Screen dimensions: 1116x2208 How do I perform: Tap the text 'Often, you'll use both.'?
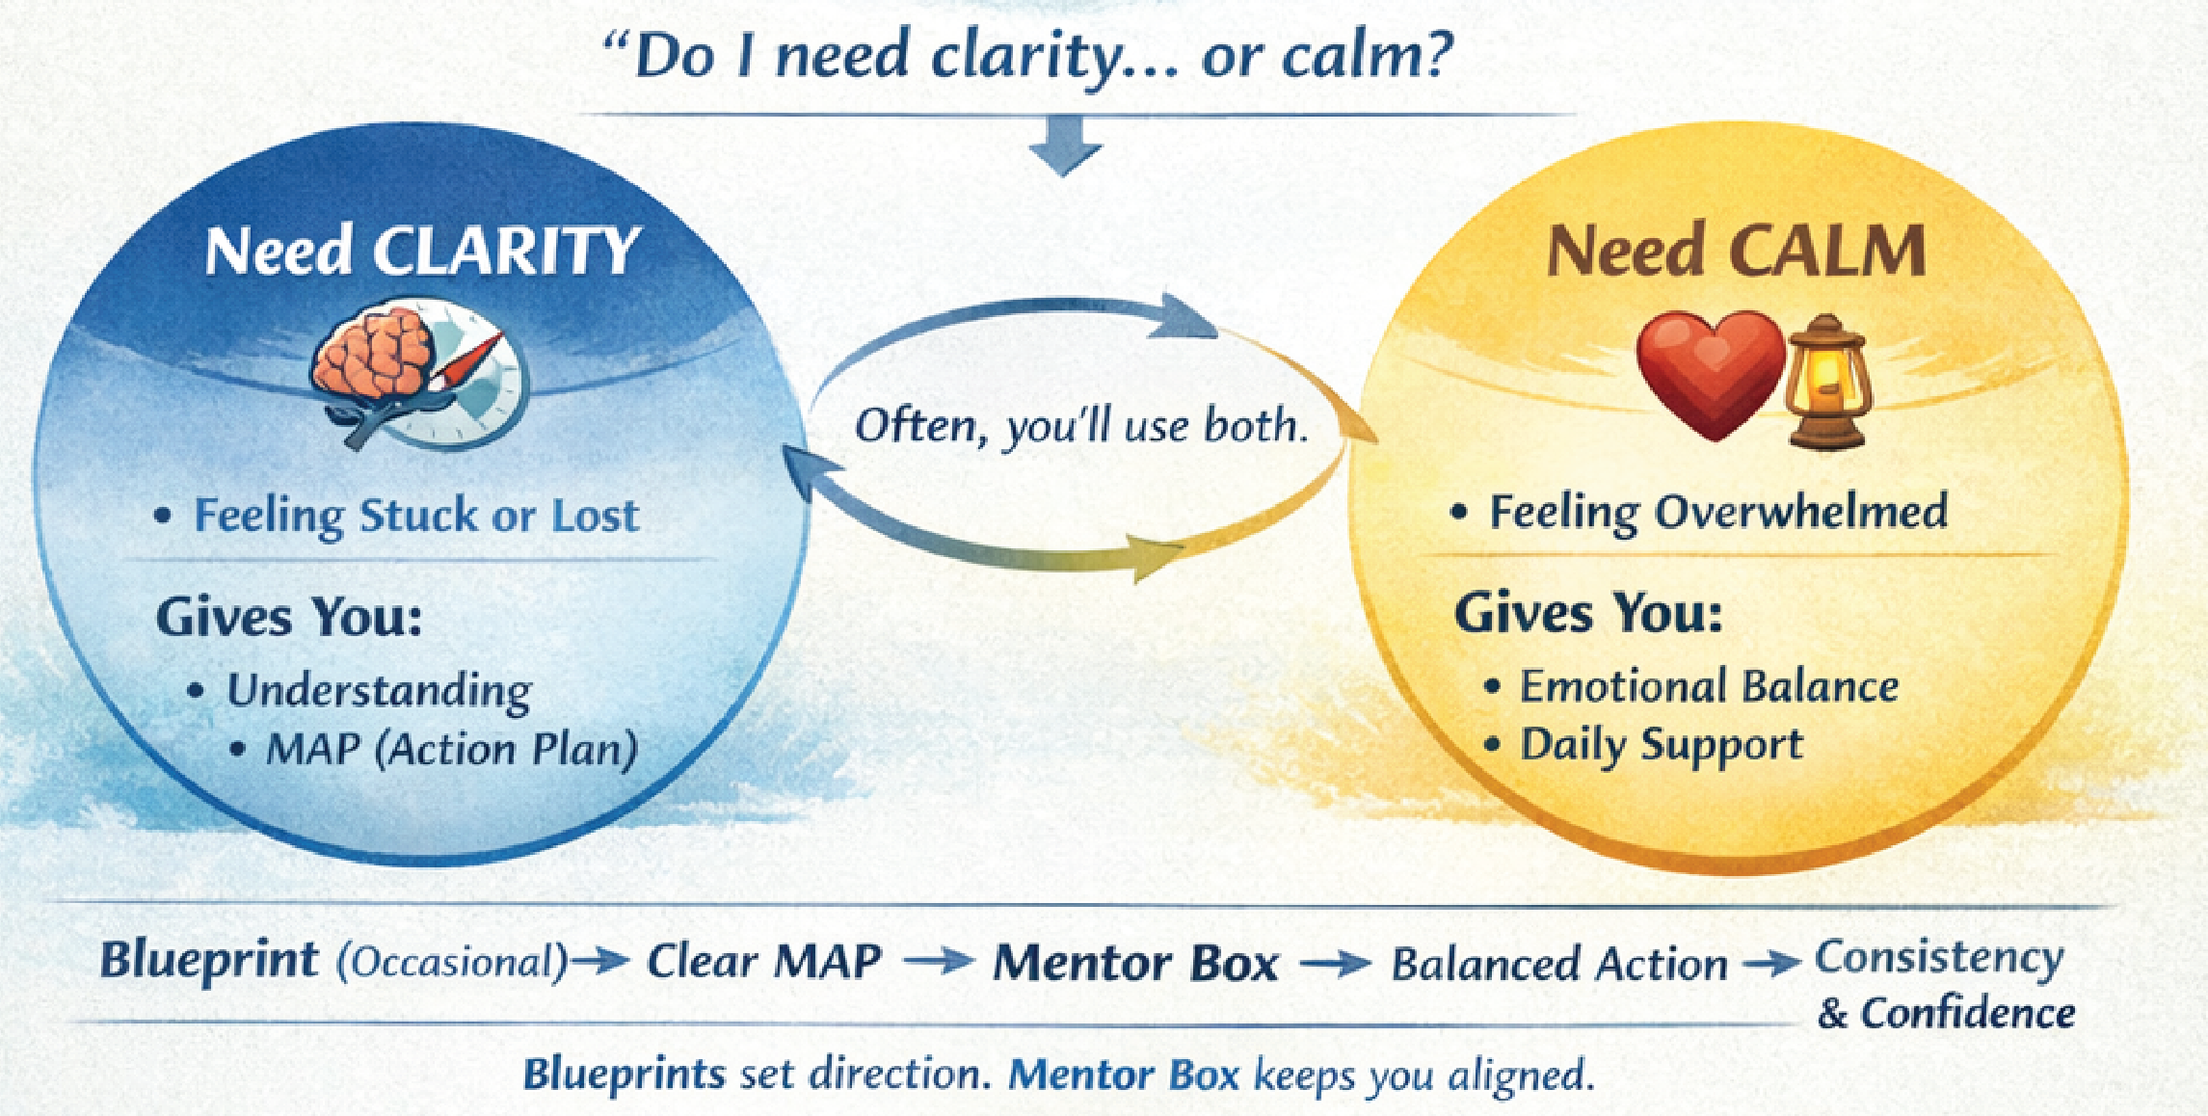click(1081, 426)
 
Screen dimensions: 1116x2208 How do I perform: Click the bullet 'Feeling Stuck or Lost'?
click(416, 516)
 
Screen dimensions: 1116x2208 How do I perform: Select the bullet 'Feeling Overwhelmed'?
click(1717, 512)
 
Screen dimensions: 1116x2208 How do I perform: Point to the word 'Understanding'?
click(379, 690)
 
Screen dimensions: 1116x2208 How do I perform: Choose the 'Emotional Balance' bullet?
click(1708, 687)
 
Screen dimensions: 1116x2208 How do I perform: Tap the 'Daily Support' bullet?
click(1661, 745)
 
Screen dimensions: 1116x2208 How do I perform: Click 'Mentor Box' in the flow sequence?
click(1135, 963)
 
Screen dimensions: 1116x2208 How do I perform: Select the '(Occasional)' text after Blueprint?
click(453, 962)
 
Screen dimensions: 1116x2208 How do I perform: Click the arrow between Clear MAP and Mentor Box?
click(937, 961)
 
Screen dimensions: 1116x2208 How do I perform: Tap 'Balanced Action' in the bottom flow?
click(1558, 964)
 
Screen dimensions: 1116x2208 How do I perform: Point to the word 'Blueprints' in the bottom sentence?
click(624, 1074)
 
